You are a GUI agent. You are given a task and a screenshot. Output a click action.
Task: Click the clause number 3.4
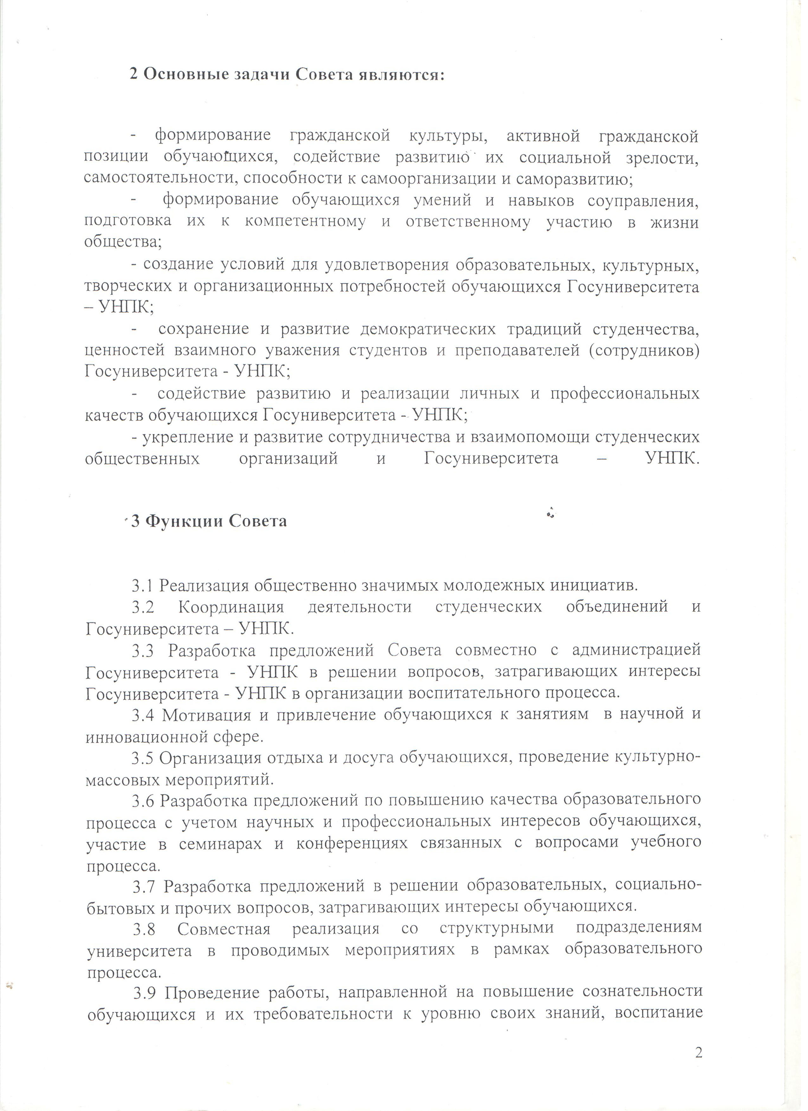[x=143, y=716]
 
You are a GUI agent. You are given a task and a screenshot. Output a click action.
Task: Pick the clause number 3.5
[x=143, y=759]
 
